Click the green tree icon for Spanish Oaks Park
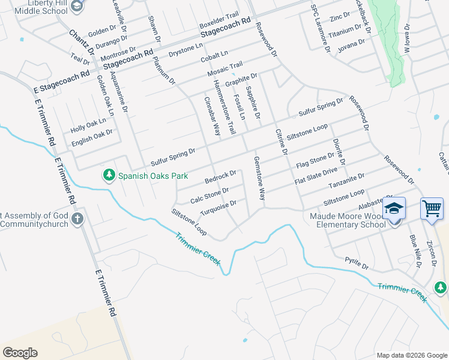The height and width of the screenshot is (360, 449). (x=109, y=175)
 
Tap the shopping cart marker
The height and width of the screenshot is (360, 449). (x=432, y=209)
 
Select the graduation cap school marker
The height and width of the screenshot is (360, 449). (x=394, y=209)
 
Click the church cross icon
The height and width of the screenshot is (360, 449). (x=77, y=219)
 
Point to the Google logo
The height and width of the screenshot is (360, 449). (x=20, y=353)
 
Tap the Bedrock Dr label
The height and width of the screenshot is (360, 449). (x=220, y=178)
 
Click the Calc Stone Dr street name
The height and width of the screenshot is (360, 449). (x=209, y=195)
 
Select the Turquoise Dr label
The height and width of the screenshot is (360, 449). (x=214, y=210)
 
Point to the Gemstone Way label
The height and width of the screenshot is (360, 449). (x=259, y=179)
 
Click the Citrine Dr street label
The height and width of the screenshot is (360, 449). (x=281, y=143)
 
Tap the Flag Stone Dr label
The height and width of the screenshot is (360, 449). (x=315, y=161)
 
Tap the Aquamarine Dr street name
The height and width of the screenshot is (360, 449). (x=119, y=93)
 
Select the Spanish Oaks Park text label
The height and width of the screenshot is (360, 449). (x=153, y=176)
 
